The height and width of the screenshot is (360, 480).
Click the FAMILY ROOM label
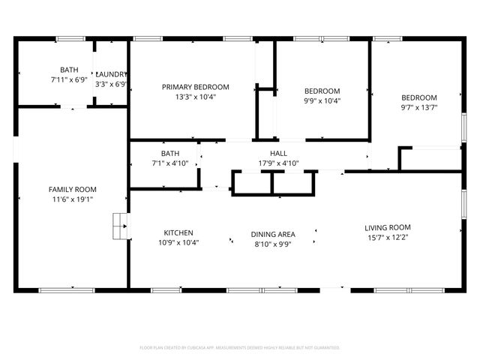tap(73, 189)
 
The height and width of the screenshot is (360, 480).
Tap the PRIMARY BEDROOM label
tap(196, 87)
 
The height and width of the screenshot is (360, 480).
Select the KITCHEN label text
tap(178, 232)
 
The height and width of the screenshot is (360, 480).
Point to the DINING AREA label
tap(272, 234)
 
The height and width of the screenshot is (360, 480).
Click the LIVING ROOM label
tap(388, 227)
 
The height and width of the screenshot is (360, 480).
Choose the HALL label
tap(268, 153)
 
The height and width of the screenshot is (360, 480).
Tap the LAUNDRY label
tap(112, 74)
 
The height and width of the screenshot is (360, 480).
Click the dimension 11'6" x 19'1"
tap(73, 199)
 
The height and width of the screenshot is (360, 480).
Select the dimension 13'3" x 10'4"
tap(196, 97)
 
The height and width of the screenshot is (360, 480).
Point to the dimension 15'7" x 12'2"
tap(388, 238)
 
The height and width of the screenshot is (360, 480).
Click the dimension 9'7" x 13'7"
tap(418, 107)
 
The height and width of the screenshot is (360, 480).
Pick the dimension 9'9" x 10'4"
tap(322, 101)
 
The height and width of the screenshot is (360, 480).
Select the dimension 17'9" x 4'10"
tap(268, 163)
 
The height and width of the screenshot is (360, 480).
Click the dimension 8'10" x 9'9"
tap(272, 244)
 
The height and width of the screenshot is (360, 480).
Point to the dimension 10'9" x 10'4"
tap(178, 242)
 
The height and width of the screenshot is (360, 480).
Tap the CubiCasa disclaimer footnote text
tap(240, 347)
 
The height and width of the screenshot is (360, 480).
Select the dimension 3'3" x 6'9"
tap(112, 84)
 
